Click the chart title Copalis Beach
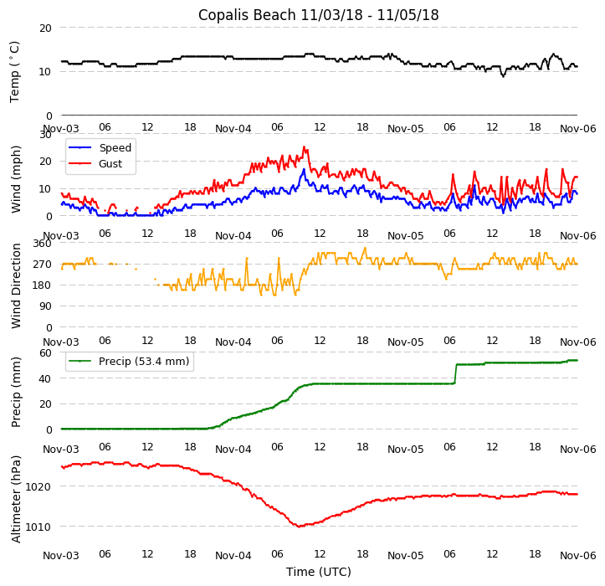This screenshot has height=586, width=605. tap(318, 15)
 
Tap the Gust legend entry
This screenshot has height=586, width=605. tap(112, 164)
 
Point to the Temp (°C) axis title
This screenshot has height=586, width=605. tap(15, 71)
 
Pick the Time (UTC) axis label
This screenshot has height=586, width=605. tap(318, 572)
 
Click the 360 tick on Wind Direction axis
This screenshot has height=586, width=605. tap(42, 244)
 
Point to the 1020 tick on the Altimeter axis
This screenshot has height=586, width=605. tap(38, 486)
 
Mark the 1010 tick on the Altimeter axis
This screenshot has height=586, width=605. tap(38, 527)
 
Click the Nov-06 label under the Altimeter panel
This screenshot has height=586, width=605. tap(577, 555)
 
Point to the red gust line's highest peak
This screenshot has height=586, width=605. tap(305, 147)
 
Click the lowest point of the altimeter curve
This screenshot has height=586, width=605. tap(300, 527)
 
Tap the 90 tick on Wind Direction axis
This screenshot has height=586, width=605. tap(45, 306)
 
